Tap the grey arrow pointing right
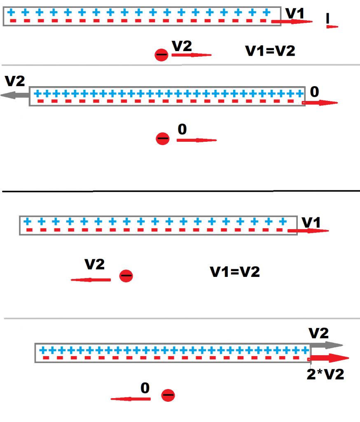coord(326,345)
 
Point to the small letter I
coord(328,18)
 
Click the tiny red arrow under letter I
coord(332,27)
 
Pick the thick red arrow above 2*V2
coord(330,358)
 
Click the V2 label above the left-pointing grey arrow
coord(15,81)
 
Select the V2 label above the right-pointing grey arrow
coord(319,333)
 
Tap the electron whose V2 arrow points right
coord(161,55)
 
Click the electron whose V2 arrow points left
coord(126,276)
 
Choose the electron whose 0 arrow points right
coord(163,139)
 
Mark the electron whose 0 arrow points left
coord(168,395)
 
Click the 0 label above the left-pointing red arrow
coord(145,388)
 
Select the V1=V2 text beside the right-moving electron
coord(270,51)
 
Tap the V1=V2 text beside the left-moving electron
coord(235,272)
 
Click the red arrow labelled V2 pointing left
coord(91,280)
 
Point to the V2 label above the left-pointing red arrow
coord(94,264)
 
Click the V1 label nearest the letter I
coord(295,13)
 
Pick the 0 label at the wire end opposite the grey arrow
coord(314,92)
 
